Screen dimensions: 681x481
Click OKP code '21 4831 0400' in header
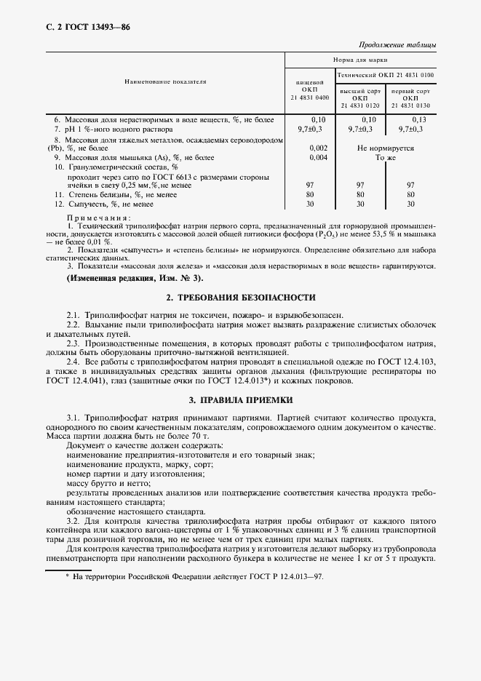pyautogui.click(x=309, y=97)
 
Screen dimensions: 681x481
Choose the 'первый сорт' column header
pyautogui.click(x=410, y=91)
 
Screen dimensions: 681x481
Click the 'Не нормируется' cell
pyautogui.click(x=386, y=148)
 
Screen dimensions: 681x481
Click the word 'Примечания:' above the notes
pyautogui.click(x=98, y=218)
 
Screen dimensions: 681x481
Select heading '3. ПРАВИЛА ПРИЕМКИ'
pyautogui.click(x=240, y=399)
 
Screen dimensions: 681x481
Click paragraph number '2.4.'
pyautogui.click(x=73, y=362)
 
